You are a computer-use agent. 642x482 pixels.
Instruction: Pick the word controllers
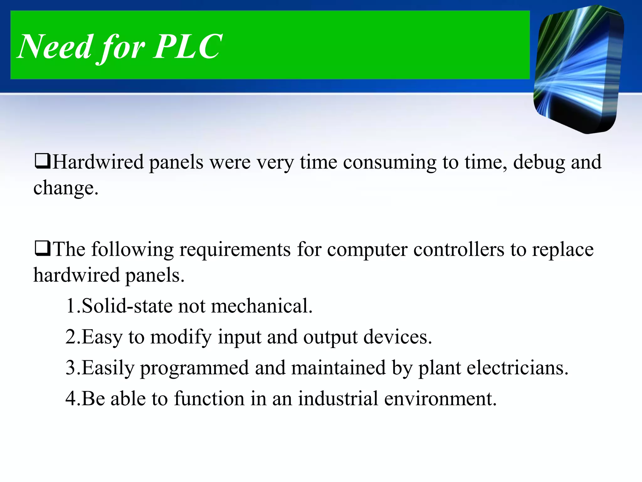click(x=459, y=250)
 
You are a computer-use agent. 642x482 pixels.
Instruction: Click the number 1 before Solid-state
click(x=71, y=306)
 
